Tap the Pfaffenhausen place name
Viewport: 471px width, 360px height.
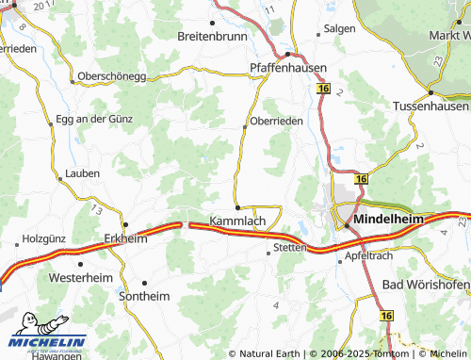(x=287, y=68)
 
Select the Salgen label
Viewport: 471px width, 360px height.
(x=340, y=29)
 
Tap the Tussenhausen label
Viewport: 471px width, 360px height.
(x=430, y=106)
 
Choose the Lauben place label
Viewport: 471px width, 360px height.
(x=83, y=174)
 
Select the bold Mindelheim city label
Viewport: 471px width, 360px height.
(x=387, y=220)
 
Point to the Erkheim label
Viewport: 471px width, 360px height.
(x=125, y=238)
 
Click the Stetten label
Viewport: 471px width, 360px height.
(x=289, y=248)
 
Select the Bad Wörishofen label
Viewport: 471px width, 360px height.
(x=427, y=285)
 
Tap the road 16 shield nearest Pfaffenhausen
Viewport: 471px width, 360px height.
(x=324, y=89)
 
